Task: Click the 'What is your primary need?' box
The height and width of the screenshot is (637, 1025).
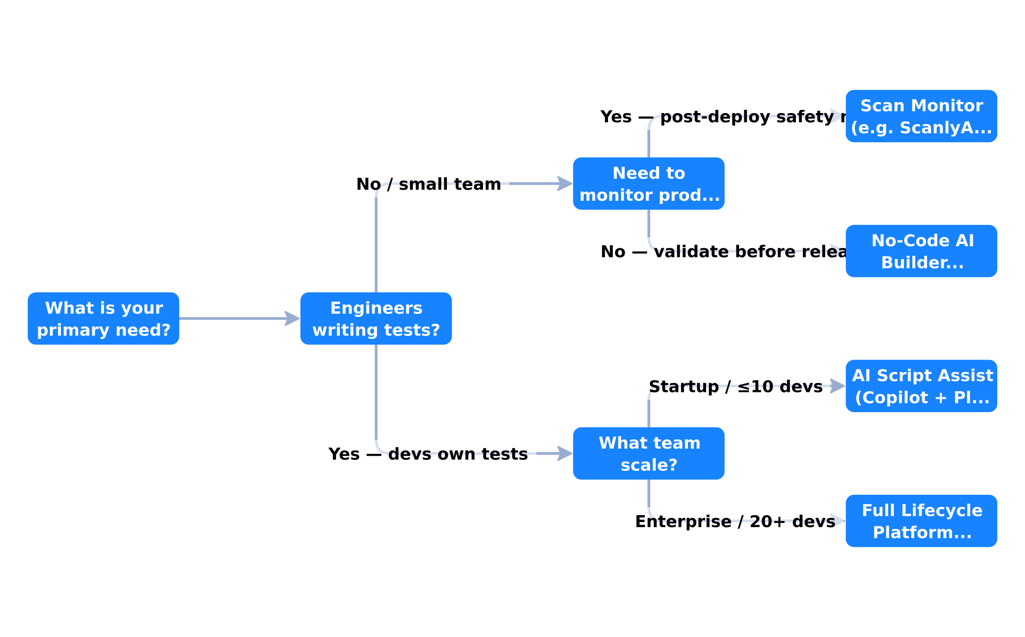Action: click(103, 318)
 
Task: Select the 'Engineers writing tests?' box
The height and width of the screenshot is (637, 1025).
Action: click(376, 318)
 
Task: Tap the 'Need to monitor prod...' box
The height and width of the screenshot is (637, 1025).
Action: click(649, 184)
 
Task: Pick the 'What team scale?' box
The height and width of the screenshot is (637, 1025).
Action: click(649, 453)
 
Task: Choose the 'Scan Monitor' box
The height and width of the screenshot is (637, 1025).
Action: click(921, 116)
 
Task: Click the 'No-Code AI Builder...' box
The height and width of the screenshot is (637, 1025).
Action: click(921, 251)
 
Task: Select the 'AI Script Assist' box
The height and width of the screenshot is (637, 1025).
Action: click(921, 386)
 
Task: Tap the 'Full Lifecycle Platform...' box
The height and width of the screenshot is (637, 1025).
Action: click(921, 521)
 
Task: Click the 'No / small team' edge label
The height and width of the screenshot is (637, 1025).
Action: click(428, 184)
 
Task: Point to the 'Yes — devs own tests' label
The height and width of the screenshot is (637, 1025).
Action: click(428, 454)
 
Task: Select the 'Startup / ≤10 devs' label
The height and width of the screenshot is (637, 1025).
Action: click(736, 387)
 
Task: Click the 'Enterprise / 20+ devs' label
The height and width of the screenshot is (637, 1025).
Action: click(735, 522)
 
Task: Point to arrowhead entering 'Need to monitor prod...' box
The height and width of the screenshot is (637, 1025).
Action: click(565, 184)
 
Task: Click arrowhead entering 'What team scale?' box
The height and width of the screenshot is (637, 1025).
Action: click(565, 453)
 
